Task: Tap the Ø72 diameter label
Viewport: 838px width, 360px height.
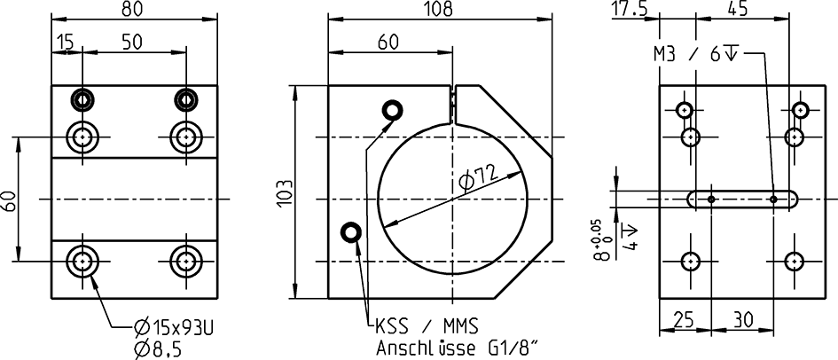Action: pyautogui.click(x=480, y=181)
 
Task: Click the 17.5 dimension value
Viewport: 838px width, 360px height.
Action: pyautogui.click(x=630, y=9)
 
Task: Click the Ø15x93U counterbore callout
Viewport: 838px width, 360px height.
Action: pyautogui.click(x=175, y=327)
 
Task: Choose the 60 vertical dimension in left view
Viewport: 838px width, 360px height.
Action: pyautogui.click(x=9, y=200)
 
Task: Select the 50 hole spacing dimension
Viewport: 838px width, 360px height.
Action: pyautogui.click(x=133, y=43)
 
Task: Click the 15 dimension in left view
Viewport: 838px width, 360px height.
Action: pyautogui.click(x=65, y=43)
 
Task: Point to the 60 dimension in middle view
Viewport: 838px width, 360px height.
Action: pyautogui.click(x=388, y=43)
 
